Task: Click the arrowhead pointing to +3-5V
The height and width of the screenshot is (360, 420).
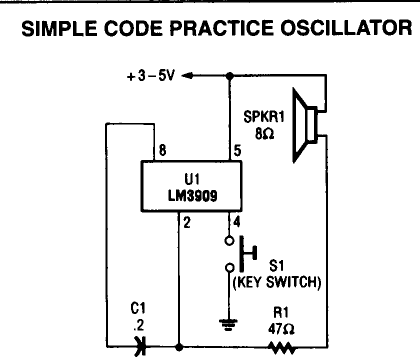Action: tap(187, 76)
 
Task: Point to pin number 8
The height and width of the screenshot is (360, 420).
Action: tap(161, 150)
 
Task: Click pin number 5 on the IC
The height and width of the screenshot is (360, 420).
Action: tap(237, 150)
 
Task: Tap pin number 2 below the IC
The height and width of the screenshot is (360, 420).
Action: tap(186, 223)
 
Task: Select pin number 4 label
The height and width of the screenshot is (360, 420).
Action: tap(237, 220)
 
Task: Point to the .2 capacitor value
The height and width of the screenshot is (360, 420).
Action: tap(139, 328)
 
